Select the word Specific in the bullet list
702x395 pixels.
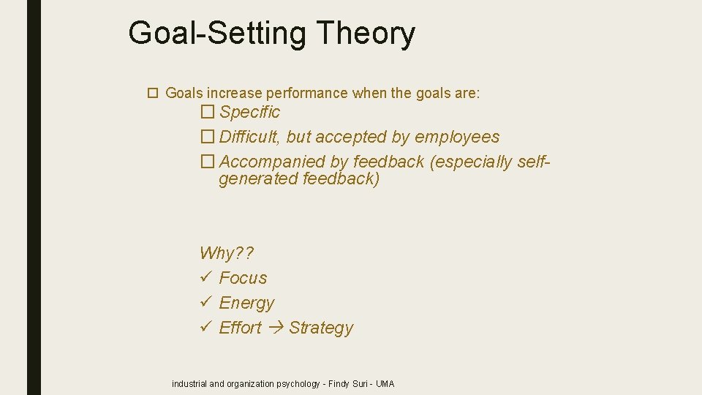(249, 112)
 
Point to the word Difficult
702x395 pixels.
(251, 137)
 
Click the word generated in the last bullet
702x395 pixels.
(258, 179)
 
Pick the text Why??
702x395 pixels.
(226, 254)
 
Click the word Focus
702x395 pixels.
(243, 278)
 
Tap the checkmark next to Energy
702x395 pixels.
(205, 303)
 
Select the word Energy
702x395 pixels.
(246, 303)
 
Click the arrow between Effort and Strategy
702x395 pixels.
(275, 328)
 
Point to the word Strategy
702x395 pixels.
(320, 328)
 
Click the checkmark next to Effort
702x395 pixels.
(205, 328)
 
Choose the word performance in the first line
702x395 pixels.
(307, 93)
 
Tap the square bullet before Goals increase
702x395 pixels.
(153, 93)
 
